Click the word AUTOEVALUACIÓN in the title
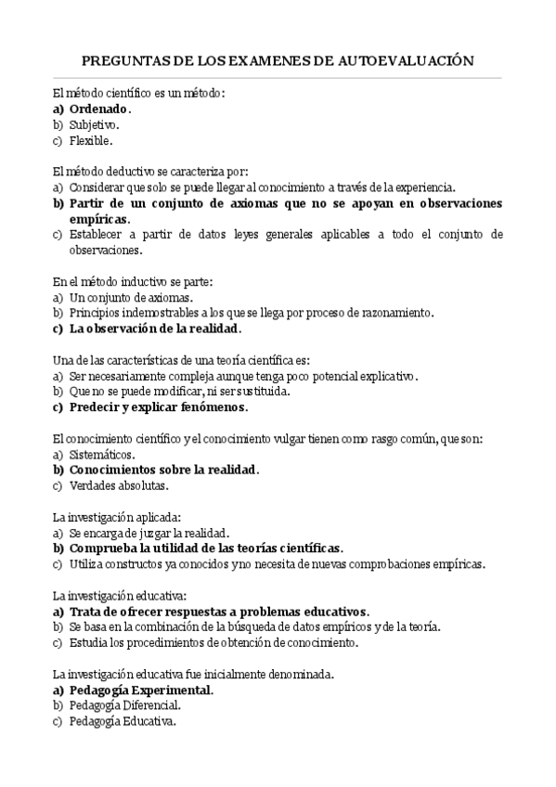point(409,61)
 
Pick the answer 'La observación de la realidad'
point(154,329)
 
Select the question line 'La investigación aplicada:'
point(116,516)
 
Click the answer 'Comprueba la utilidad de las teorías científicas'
point(205,548)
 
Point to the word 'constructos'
point(135,563)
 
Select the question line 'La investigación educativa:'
point(121,595)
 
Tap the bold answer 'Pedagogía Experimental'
point(141,690)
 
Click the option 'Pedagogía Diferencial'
point(124,705)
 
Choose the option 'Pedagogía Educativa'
point(122,721)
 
